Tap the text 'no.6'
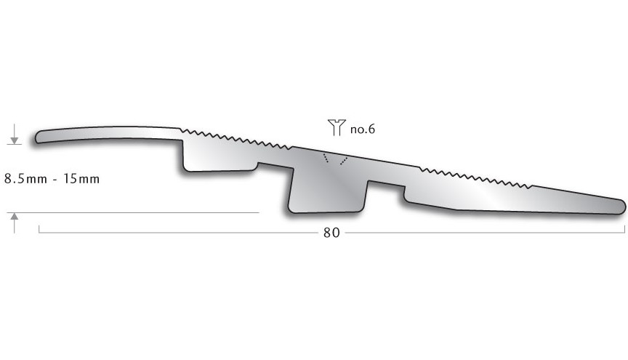[362, 129]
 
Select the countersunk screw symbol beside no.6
[335, 128]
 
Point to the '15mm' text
[81, 178]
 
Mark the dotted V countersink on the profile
[334, 159]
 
